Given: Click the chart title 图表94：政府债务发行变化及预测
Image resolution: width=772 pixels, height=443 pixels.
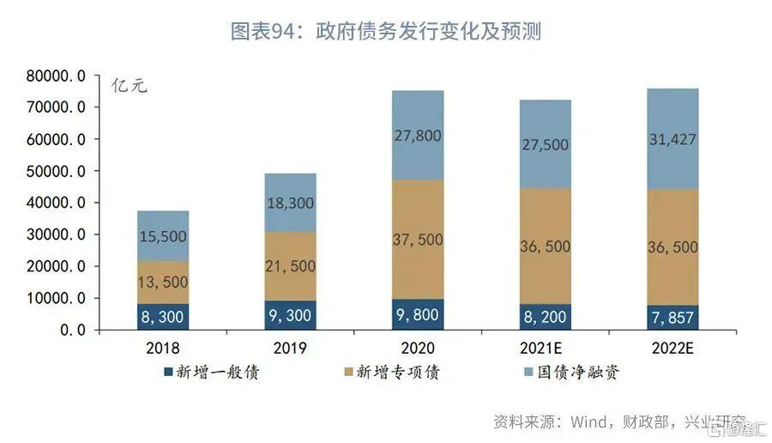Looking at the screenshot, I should point(385,33).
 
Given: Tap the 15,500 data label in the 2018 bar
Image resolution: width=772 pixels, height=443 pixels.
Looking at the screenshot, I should point(163,236).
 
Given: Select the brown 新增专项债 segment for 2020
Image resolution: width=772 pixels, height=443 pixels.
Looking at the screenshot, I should point(418,240).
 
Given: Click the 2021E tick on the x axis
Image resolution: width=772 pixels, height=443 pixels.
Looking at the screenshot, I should point(545,349).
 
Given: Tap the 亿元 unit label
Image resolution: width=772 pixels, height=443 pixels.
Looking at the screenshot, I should point(130,87).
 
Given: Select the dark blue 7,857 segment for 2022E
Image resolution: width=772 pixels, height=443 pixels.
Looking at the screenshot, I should point(672,318).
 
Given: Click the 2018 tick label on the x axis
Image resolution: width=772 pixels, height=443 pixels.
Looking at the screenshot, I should point(163,349).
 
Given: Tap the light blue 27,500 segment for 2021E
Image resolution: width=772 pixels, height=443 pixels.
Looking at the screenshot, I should point(545,144).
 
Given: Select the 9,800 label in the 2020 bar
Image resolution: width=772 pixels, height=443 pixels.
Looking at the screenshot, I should point(418,315).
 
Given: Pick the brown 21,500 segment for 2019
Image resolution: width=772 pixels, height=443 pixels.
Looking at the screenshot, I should point(290,266).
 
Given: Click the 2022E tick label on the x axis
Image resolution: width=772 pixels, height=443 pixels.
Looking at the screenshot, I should point(672,349).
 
